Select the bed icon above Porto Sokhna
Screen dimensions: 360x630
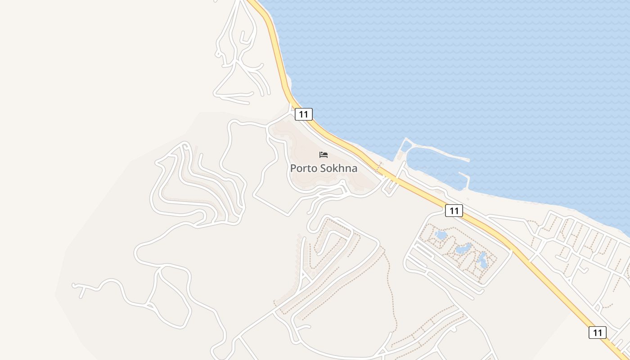pos(324,155)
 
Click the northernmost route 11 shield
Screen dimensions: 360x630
pos(304,114)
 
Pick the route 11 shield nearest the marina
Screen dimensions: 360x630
pos(454,210)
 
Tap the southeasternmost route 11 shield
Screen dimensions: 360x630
pos(597,333)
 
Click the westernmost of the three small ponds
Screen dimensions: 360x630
pos(441,235)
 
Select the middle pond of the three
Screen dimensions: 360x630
pos(463,248)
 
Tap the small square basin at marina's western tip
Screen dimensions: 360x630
pos(406,146)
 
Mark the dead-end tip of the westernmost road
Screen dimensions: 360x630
pos(74,285)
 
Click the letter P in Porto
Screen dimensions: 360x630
pos(293,169)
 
